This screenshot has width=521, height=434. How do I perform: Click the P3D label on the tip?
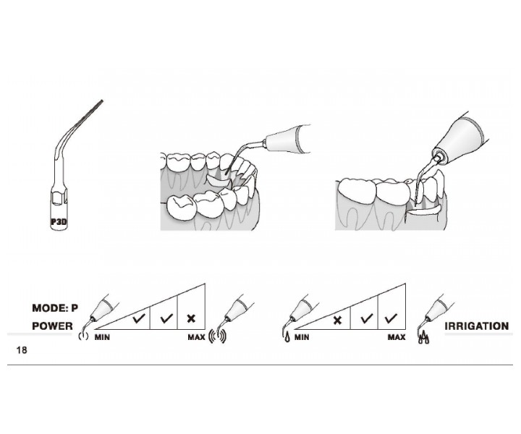pyautogui.click(x=59, y=221)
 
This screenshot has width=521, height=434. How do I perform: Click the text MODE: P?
pyautogui.click(x=55, y=308)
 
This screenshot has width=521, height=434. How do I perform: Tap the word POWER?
pyautogui.click(x=53, y=326)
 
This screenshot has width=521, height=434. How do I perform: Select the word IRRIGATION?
pyautogui.click(x=477, y=326)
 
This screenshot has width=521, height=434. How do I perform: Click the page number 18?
pyautogui.click(x=22, y=350)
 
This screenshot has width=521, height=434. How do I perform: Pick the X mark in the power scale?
pyautogui.click(x=191, y=319)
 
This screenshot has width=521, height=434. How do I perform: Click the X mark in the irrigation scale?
pyautogui.click(x=337, y=320)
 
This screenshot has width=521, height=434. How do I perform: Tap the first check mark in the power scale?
pyautogui.click(x=139, y=318)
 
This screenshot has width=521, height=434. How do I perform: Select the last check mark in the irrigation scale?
pyautogui.click(x=391, y=318)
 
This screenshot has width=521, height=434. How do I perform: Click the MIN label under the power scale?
pyautogui.click(x=102, y=337)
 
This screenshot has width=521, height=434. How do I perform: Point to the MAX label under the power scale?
pyautogui.click(x=196, y=337)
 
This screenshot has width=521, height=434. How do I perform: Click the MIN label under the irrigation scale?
pyautogui.click(x=302, y=337)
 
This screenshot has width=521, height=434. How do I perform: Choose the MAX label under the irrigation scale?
pyautogui.click(x=397, y=337)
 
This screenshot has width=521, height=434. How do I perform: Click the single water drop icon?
pyautogui.click(x=287, y=337)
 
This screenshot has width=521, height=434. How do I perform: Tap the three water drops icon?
pyautogui.click(x=423, y=338)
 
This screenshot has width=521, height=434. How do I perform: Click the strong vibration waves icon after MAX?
pyautogui.click(x=218, y=336)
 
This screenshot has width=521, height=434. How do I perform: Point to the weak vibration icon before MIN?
pyautogui.click(x=83, y=336)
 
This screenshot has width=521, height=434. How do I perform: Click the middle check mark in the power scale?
pyautogui.click(x=166, y=318)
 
